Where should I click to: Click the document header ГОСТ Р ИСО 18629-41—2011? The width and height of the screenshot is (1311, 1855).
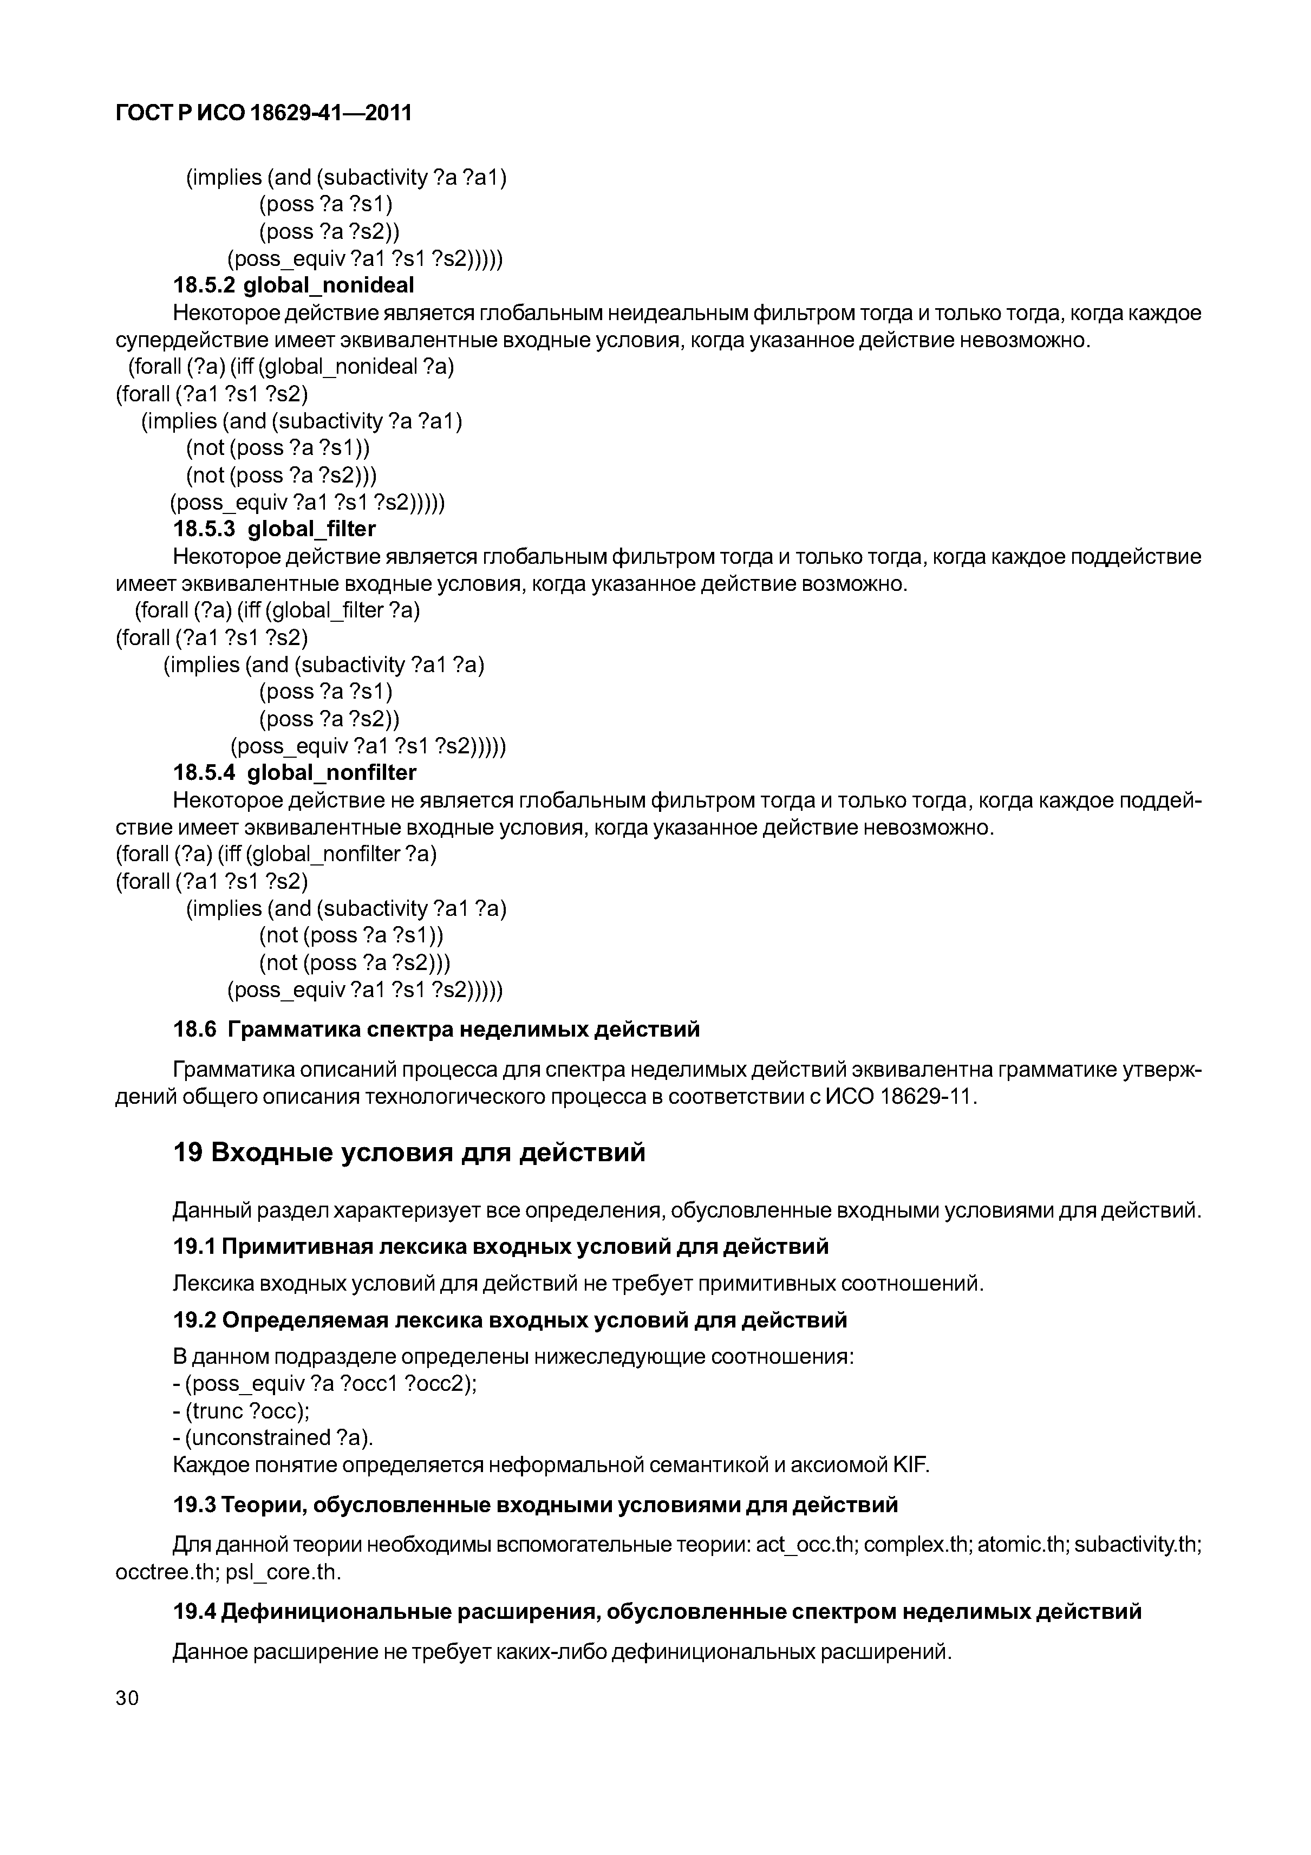263,113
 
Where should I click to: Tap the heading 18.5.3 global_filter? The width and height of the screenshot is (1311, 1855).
275,529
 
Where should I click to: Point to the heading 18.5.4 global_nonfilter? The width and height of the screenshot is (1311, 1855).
295,772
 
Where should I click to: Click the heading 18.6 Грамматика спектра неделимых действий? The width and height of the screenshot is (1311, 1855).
436,1029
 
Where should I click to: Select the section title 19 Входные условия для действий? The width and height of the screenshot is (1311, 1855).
409,1151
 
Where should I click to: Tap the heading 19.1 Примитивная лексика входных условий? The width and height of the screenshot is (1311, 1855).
501,1246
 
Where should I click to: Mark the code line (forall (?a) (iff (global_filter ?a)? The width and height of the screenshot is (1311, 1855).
277,610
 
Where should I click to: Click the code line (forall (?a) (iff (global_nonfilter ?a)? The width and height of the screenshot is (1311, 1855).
276,854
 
